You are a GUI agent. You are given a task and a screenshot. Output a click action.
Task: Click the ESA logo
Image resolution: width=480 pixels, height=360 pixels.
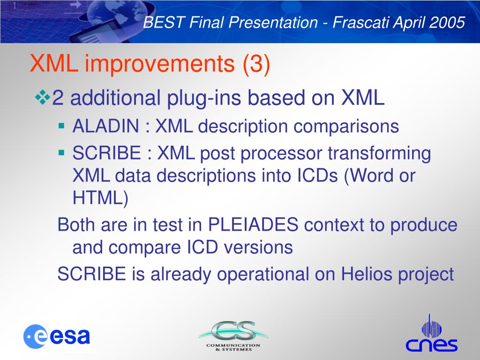point(57,337)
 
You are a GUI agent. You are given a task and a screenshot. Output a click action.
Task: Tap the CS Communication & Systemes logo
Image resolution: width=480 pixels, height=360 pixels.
point(233,336)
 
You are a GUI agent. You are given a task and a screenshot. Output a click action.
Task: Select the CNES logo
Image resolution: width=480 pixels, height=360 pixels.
point(431,333)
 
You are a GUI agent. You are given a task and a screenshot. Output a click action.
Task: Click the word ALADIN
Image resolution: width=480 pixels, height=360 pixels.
point(106,126)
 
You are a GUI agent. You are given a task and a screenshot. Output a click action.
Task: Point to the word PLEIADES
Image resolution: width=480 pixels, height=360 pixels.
point(253,225)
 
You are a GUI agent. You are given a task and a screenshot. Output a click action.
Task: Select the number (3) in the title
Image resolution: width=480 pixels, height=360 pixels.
point(256,63)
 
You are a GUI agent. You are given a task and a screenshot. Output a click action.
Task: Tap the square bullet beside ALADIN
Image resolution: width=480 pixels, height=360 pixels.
point(61,126)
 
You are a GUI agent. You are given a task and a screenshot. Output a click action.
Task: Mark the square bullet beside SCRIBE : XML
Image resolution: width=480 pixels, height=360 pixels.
point(61,152)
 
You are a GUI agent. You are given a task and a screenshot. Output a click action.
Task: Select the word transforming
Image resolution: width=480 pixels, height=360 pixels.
point(379,154)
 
